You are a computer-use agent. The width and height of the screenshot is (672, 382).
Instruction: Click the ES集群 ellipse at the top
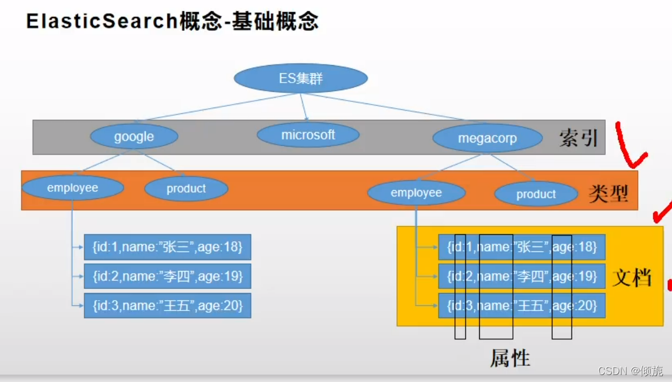(300, 78)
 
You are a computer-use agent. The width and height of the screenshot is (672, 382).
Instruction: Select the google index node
(134, 137)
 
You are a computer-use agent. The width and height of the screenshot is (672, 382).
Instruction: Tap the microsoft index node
(308, 135)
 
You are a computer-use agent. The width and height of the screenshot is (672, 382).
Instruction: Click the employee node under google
(73, 188)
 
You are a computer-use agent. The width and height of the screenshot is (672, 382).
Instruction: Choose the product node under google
(186, 188)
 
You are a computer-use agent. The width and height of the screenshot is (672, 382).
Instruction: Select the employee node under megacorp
(416, 193)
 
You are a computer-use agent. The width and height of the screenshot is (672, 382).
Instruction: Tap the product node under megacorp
(536, 195)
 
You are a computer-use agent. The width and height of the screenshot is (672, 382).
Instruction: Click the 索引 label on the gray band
(578, 138)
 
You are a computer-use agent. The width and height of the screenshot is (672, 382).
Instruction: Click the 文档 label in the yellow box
(632, 277)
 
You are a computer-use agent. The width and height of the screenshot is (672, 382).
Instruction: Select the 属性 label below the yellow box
(510, 358)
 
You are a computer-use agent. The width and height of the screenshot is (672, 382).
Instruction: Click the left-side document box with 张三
(167, 247)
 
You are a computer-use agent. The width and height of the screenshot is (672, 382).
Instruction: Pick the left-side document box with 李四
(167, 276)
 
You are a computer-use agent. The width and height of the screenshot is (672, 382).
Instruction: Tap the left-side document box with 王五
(167, 305)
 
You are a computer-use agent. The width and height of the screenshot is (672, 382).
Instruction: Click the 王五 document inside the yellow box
(522, 305)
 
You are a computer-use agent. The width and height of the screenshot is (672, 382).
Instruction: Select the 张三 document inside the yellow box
(522, 247)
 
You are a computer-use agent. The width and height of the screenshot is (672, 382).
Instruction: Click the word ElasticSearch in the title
(102, 21)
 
